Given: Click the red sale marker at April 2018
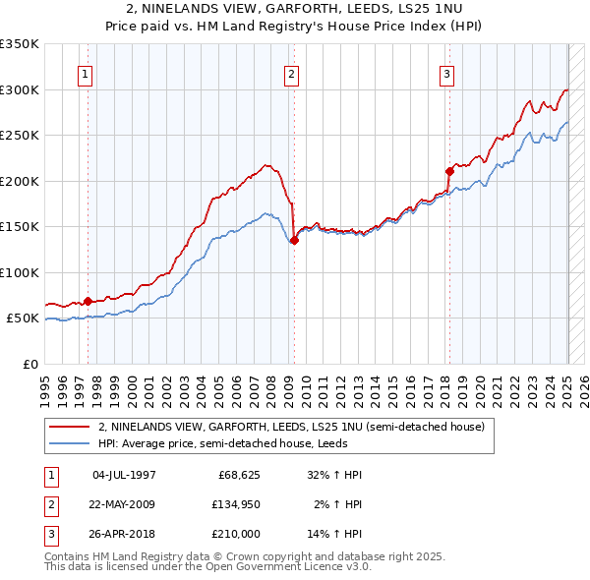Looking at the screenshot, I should [449, 171].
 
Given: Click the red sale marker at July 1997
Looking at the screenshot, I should [88, 301].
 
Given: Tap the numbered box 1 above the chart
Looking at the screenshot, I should [86, 74].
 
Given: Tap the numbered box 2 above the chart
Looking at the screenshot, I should [292, 74].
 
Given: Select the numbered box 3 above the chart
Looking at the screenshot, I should [447, 74].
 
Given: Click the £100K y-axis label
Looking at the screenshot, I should [20, 272].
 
